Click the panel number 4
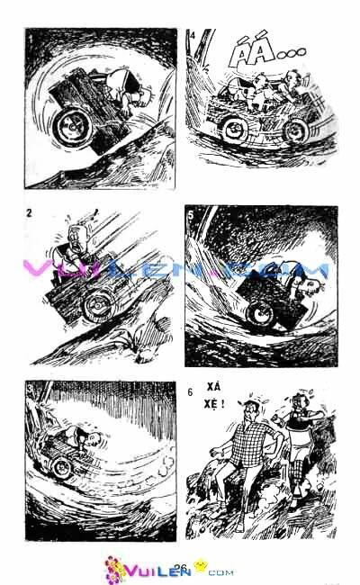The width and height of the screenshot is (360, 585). pyautogui.click(x=192, y=36)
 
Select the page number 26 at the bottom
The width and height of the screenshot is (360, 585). pyautogui.click(x=179, y=567)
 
